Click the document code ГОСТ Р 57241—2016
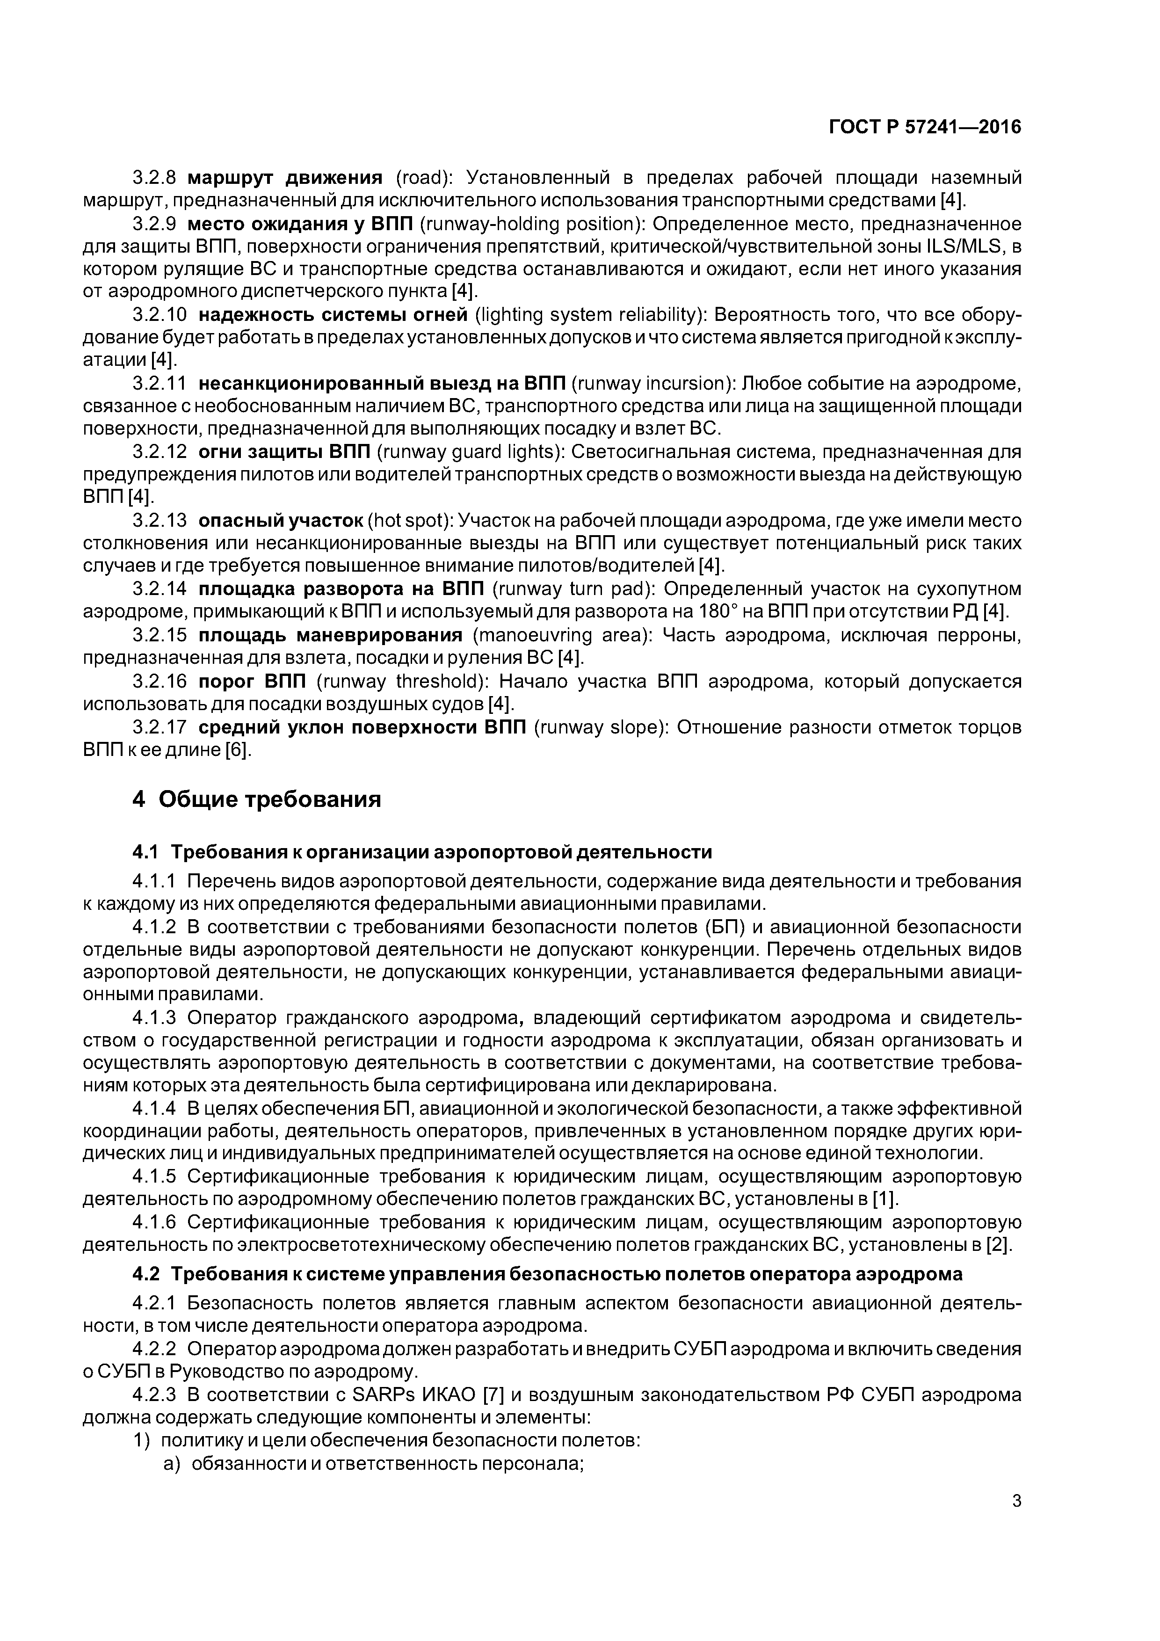pos(924,127)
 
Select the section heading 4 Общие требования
pos(257,799)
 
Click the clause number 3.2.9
pos(154,224)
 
